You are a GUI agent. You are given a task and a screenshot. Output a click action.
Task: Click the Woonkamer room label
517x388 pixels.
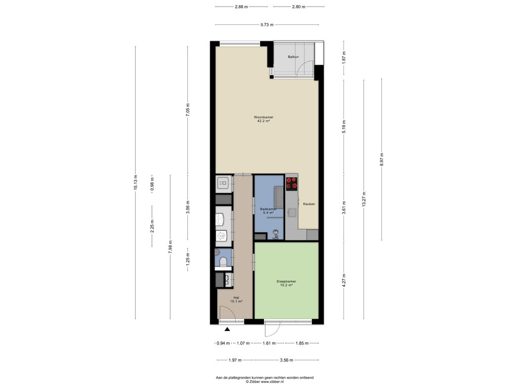(x=264, y=117)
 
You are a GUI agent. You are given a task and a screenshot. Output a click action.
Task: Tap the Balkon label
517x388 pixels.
(x=293, y=57)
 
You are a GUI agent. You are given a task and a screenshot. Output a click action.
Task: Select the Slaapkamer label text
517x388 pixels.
(x=286, y=281)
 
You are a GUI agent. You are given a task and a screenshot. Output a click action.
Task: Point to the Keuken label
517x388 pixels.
(x=309, y=204)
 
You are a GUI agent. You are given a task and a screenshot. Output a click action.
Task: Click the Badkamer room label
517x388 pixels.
(x=268, y=209)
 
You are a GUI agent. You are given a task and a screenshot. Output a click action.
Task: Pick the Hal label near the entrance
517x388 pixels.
(x=236, y=297)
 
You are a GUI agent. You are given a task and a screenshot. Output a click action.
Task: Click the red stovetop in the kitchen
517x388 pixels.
(x=291, y=184)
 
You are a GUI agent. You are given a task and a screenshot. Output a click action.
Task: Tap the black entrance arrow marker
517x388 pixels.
(x=227, y=329)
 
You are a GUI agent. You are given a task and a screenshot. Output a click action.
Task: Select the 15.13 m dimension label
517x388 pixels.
(x=135, y=182)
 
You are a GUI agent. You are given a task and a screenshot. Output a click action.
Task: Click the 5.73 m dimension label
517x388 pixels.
(x=267, y=25)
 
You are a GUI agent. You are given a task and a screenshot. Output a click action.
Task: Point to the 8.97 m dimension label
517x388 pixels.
(x=382, y=159)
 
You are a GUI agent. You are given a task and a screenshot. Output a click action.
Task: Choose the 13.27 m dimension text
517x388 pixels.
(x=364, y=199)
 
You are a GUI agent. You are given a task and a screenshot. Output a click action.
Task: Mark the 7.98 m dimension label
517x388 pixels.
(x=170, y=247)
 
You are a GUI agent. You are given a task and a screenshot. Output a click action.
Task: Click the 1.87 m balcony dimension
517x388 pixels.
(x=344, y=58)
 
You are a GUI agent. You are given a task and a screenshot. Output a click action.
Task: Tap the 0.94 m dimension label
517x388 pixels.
(x=223, y=343)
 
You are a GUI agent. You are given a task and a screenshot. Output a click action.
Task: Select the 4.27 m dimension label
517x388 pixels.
(x=344, y=280)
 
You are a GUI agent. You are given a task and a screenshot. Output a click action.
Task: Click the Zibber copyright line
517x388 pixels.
(x=265, y=382)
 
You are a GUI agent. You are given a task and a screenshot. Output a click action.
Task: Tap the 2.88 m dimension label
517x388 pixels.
(x=241, y=7)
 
